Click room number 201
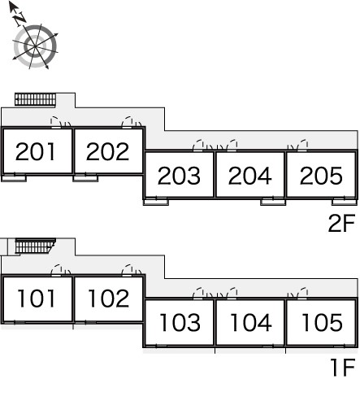[x=36, y=151]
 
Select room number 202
[x=107, y=151]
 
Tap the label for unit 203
[x=179, y=176]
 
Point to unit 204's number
[x=249, y=176]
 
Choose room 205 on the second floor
[x=321, y=176]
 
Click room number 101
[x=37, y=299]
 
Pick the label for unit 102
[x=108, y=299]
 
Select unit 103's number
[x=180, y=322]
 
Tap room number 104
[x=250, y=322]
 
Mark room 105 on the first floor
[x=322, y=322]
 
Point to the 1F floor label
[x=343, y=368]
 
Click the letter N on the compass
[x=20, y=19]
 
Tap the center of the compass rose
[x=35, y=46]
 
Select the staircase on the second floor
[x=35, y=99]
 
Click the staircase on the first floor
[x=35, y=246]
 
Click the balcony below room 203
[x=156, y=202]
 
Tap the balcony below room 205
[x=345, y=202]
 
